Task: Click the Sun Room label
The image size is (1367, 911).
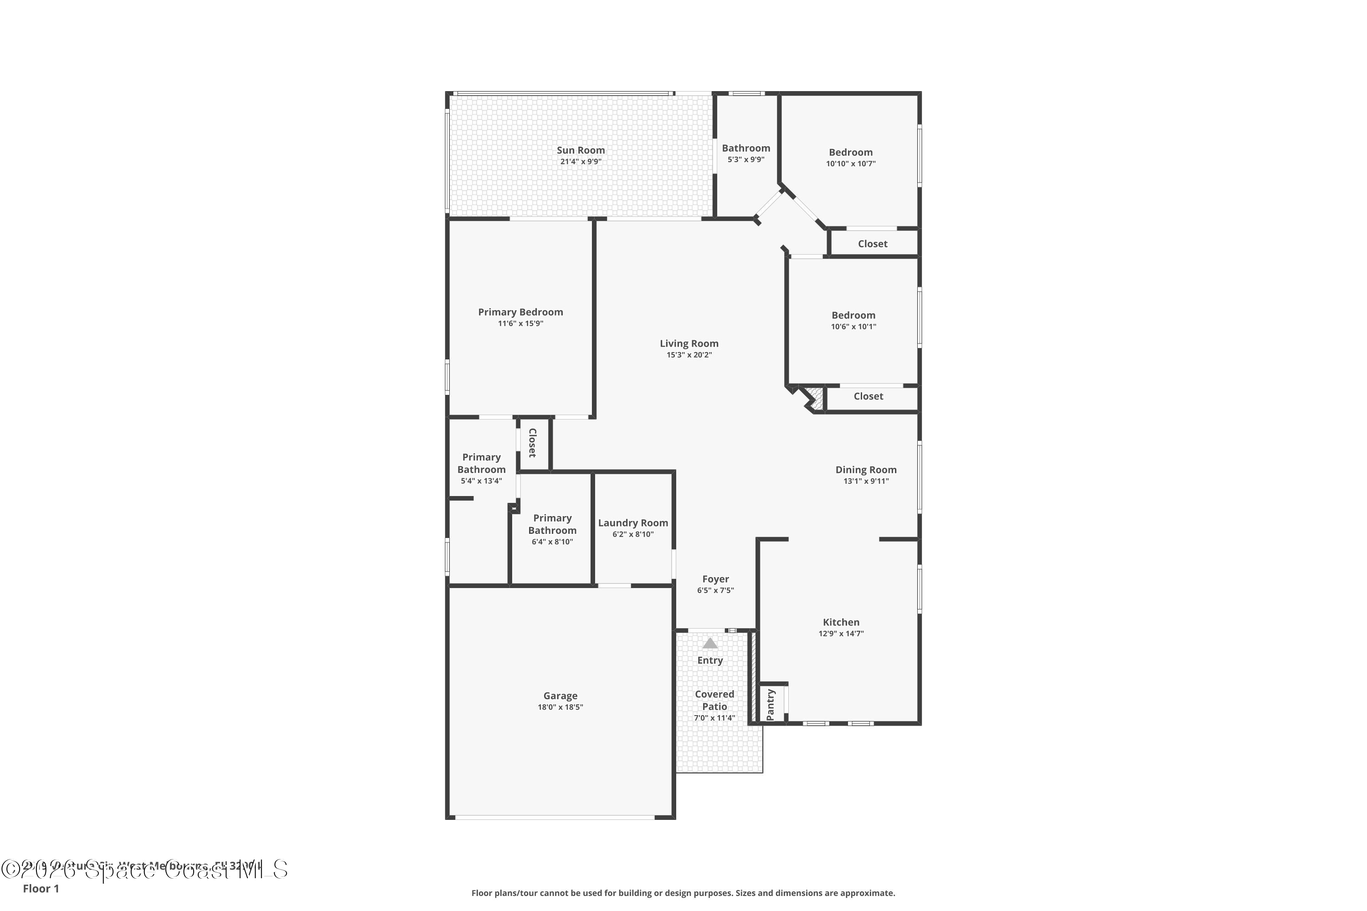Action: tap(580, 150)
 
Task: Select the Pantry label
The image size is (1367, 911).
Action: tap(771, 704)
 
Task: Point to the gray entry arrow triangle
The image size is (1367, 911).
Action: tap(709, 643)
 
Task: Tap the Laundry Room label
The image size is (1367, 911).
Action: tap(632, 523)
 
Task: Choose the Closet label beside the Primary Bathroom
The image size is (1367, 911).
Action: tap(532, 443)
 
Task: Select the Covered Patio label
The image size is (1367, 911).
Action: tap(714, 700)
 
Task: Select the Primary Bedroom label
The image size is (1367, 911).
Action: tap(520, 312)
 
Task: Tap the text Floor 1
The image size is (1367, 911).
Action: tap(41, 888)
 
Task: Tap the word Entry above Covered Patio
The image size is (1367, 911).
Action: tap(709, 660)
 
